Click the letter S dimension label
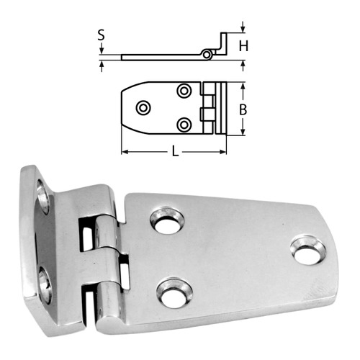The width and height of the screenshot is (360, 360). coord(102,34)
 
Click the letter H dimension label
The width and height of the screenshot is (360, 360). coord(245,46)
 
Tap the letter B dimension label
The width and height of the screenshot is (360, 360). coord(243,109)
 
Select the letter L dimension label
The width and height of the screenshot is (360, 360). coord(174,153)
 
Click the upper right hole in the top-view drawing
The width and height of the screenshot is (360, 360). coord(184,91)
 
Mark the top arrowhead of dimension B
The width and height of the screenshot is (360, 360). coord(243,86)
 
